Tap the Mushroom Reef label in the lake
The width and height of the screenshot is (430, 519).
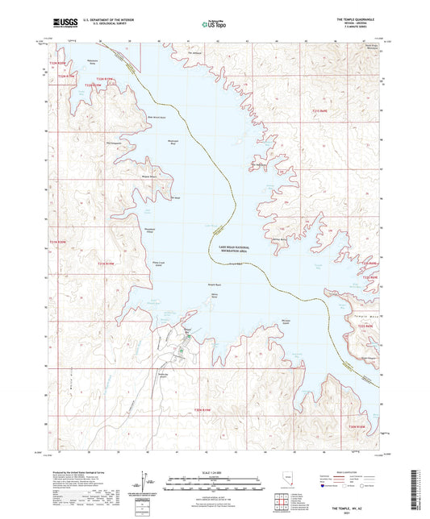coord(171,143)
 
